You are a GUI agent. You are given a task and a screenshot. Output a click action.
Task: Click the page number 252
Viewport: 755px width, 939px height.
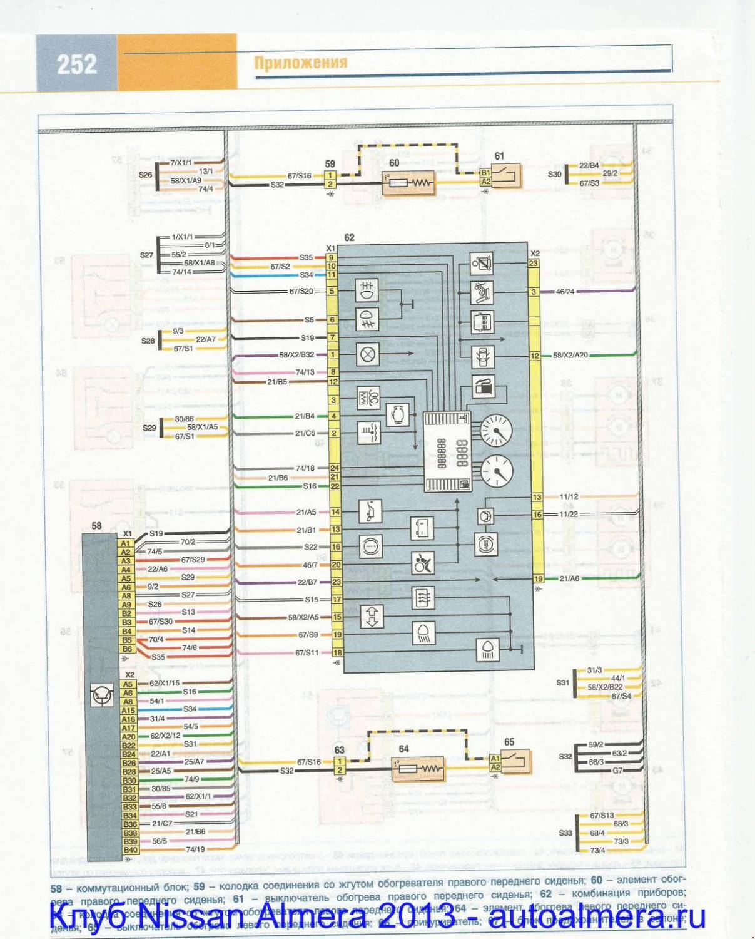click(77, 64)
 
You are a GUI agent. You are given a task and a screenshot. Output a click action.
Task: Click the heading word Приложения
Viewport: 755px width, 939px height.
click(300, 63)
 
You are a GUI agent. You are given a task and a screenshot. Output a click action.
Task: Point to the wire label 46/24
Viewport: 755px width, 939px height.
click(565, 292)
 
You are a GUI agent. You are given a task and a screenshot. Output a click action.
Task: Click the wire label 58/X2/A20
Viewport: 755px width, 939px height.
click(570, 355)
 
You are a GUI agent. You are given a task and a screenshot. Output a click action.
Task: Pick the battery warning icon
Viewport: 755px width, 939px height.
click(422, 527)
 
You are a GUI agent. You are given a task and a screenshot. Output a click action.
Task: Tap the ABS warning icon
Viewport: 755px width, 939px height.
click(485, 545)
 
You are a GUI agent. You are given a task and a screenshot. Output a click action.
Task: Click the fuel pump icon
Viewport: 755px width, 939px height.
click(482, 387)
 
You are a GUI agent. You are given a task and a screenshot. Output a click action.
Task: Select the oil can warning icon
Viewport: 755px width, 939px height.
click(370, 511)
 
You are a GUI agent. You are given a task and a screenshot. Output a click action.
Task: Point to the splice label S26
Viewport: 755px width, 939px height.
click(145, 175)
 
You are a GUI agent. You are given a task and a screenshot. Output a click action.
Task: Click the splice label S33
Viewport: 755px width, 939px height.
click(565, 833)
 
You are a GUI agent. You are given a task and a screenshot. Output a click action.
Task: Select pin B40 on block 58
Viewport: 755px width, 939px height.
click(129, 850)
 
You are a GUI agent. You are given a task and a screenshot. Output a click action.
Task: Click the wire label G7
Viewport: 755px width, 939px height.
click(617, 771)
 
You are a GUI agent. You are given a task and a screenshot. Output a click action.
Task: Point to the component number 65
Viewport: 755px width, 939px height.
click(509, 742)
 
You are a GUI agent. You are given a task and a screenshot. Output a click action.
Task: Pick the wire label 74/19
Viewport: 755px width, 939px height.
click(195, 849)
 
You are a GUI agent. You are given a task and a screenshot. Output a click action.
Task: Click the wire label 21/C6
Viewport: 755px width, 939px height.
click(305, 433)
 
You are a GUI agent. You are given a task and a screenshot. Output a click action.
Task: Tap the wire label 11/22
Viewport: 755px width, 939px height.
click(568, 514)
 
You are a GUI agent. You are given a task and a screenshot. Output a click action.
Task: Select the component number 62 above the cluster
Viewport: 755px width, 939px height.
click(349, 237)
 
